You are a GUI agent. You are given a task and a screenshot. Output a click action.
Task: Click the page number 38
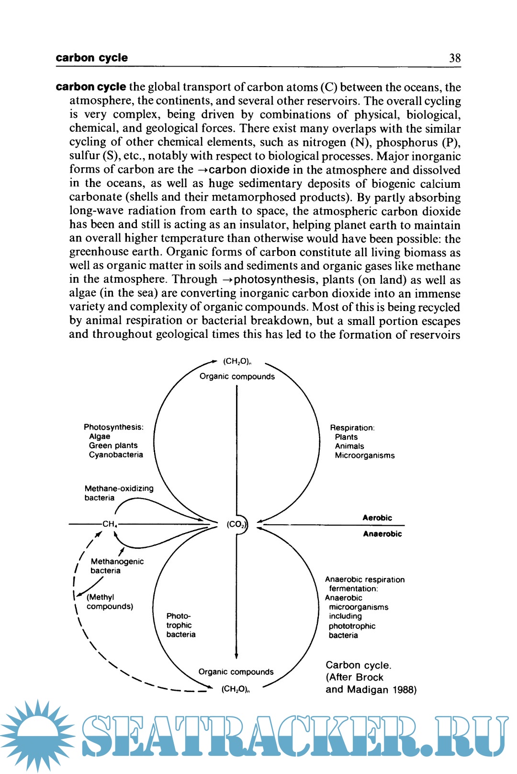(454, 58)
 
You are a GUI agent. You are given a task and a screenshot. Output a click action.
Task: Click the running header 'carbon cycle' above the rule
(91, 58)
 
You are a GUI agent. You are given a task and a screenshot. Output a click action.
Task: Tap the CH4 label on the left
(110, 524)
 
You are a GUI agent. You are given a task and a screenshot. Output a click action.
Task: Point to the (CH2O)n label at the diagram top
(237, 361)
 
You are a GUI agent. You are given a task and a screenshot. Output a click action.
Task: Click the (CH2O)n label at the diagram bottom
(236, 689)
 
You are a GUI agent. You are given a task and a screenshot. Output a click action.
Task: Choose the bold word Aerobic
(377, 518)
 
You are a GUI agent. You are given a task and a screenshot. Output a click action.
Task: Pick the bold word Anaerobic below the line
(382, 534)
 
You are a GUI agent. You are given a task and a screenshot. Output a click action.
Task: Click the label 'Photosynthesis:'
(113, 427)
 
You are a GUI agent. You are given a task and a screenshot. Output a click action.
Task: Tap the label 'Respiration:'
(352, 427)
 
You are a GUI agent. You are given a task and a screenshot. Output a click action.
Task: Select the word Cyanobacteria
(116, 454)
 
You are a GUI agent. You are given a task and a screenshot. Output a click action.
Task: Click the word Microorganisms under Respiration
(365, 455)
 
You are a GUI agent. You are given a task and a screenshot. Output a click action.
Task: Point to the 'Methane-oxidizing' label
(119, 488)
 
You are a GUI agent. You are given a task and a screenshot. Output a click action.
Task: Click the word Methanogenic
(117, 561)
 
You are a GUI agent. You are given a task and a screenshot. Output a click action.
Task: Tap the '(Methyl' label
(100, 597)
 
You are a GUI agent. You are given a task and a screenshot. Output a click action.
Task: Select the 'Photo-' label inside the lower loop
(179, 616)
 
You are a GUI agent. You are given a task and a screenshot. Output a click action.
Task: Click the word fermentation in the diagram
(353, 589)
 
